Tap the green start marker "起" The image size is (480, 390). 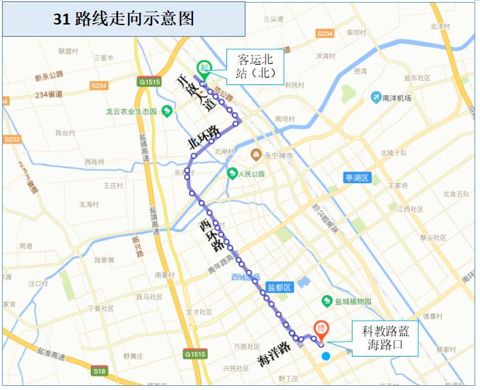point(202,68)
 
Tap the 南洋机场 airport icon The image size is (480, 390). point(376,97)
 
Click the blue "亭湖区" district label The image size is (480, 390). point(356,178)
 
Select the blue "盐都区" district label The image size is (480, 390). point(279,287)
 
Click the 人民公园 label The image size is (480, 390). point(245,173)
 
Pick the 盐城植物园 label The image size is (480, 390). point(347,301)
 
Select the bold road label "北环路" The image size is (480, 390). point(204,137)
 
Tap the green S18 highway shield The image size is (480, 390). point(100,371)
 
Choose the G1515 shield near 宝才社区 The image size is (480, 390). point(195,354)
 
